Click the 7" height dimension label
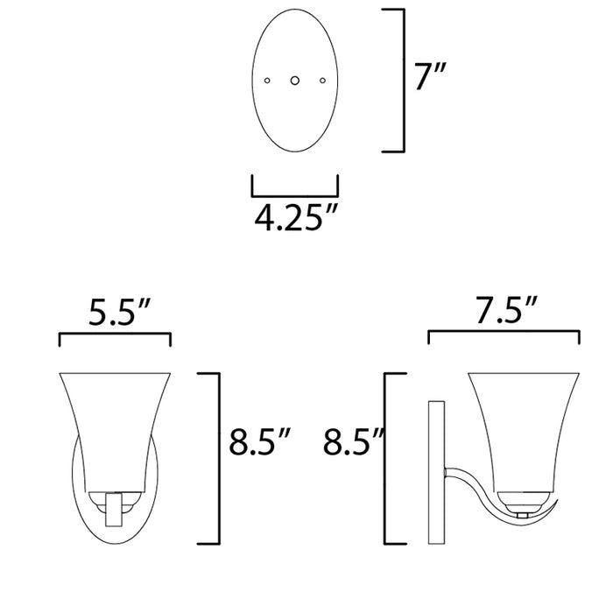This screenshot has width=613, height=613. [x=431, y=81]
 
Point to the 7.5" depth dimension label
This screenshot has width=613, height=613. [x=503, y=312]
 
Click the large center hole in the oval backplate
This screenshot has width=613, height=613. [x=295, y=81]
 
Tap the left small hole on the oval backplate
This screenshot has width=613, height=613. [x=267, y=81]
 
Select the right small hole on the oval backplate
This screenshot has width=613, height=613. [x=322, y=81]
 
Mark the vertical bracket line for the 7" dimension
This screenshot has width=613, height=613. [x=403, y=81]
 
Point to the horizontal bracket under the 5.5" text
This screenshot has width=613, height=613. [x=115, y=335]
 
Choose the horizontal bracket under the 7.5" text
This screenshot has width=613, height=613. [x=503, y=334]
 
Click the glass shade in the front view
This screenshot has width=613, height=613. [x=114, y=429]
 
